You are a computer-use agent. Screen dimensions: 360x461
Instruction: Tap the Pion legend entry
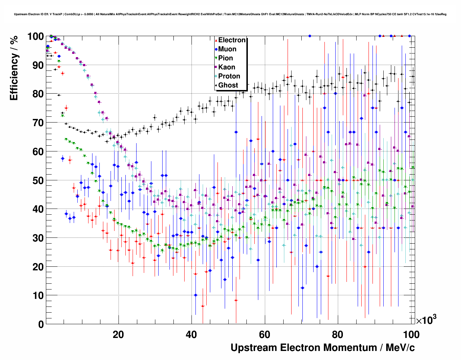pyautogui.click(x=225, y=58)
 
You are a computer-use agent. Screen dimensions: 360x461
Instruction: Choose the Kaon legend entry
pyautogui.click(x=227, y=67)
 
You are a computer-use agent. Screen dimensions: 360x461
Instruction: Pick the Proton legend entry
pyautogui.click(x=229, y=76)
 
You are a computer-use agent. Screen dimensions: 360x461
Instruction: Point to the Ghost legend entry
pyautogui.click(x=228, y=85)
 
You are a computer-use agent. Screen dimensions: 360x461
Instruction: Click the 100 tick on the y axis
pyautogui.click(x=35, y=37)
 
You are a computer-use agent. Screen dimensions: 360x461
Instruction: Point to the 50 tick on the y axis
pyautogui.click(x=38, y=180)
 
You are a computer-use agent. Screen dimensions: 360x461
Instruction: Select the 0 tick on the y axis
pyautogui.click(x=41, y=324)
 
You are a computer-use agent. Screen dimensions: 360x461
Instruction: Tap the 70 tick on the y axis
pyautogui.click(x=38, y=123)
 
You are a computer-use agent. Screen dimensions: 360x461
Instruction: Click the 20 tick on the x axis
pyautogui.click(x=118, y=334)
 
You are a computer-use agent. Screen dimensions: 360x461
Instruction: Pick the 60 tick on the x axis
pyautogui.click(x=264, y=334)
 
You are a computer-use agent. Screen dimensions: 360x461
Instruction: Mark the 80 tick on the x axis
pyautogui.click(x=338, y=334)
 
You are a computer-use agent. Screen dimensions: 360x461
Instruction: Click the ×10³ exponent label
pyautogui.click(x=426, y=320)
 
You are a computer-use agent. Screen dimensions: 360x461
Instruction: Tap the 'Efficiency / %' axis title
pyautogui.click(x=14, y=69)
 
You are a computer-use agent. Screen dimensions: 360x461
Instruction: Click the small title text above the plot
pyautogui.click(x=230, y=14)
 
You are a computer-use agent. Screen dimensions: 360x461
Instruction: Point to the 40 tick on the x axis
pyautogui.click(x=191, y=334)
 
